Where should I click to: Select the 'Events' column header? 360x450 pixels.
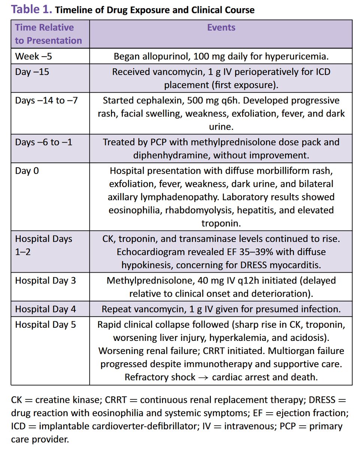click(221, 27)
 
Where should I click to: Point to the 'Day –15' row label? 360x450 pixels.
click(32, 72)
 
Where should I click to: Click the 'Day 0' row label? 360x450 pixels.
click(27, 171)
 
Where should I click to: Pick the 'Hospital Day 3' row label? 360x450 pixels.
click(45, 281)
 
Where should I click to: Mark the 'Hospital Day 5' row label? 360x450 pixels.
click(45, 324)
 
